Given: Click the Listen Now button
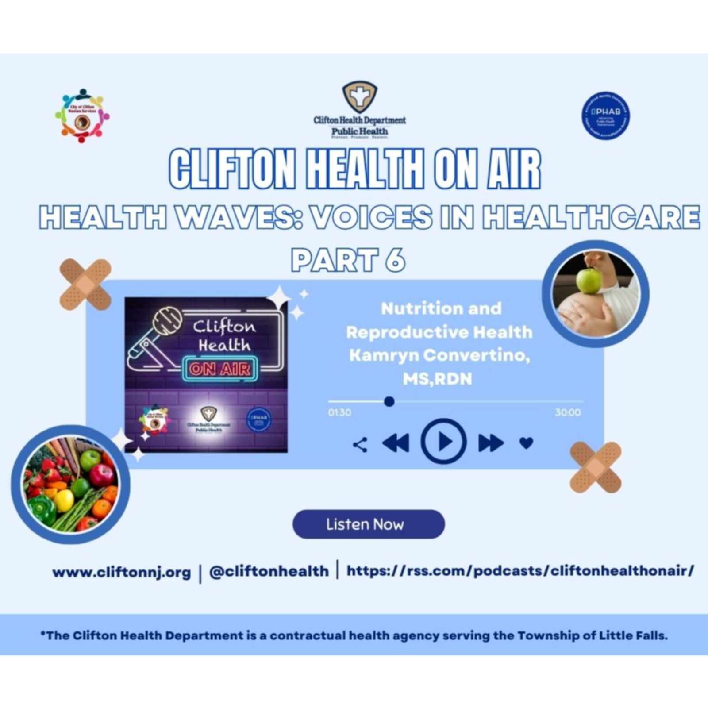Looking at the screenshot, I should tap(369, 524).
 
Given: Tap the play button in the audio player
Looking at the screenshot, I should tap(443, 441).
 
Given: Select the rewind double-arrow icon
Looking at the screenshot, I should tap(396, 442).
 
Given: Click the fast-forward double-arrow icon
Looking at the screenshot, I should tap(491, 442).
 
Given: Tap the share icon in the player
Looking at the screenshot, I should tap(360, 445).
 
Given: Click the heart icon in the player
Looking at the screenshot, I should tap(526, 442).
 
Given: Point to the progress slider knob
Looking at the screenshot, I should tap(389, 401).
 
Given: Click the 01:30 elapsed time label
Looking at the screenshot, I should tap(339, 412).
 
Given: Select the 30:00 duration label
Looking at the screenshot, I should tap(568, 412).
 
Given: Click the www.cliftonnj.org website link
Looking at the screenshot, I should tap(122, 572).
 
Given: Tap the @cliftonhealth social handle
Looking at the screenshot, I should tap(269, 571).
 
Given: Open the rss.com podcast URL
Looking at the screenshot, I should tap(520, 571).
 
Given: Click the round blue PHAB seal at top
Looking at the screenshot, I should tap(606, 116).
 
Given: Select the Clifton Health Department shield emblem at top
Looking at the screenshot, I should tap(360, 96).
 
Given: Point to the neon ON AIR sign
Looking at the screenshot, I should tap(220, 369).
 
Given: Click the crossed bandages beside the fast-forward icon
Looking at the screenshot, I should tap(596, 467).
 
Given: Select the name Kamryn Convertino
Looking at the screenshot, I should tap(439, 355).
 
